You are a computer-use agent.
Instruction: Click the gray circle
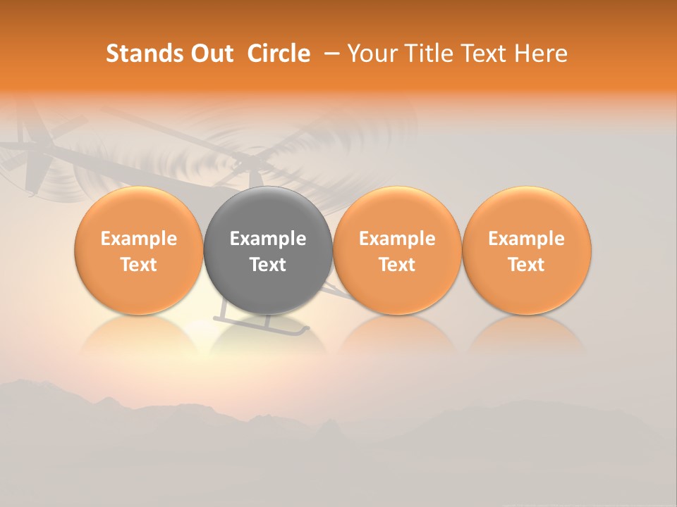(x=268, y=251)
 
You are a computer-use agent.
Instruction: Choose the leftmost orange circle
(x=138, y=251)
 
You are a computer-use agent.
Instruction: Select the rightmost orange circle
(x=527, y=251)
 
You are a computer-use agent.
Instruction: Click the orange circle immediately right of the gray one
(x=397, y=251)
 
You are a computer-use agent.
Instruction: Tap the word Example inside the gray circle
(x=268, y=239)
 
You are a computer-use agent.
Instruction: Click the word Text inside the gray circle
(x=268, y=265)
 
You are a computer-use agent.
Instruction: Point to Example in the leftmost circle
(x=138, y=239)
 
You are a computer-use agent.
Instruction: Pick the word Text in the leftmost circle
(x=138, y=265)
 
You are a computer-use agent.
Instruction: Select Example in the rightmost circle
(x=527, y=239)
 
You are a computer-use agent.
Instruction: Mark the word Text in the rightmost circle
(x=527, y=265)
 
